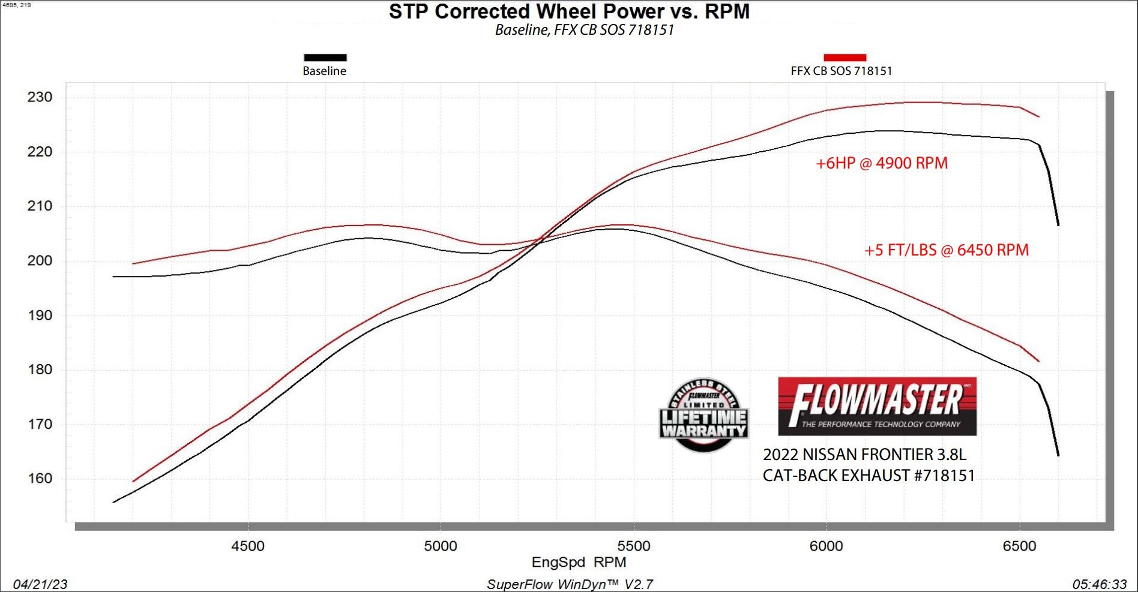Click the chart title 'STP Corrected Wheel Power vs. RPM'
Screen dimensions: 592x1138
coord(569,11)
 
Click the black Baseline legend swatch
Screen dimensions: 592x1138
coord(325,58)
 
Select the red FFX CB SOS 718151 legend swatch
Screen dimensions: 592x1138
coord(844,58)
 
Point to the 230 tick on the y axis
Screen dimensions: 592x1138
coord(40,97)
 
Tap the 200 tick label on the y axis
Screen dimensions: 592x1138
coord(40,260)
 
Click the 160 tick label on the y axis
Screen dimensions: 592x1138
coord(40,479)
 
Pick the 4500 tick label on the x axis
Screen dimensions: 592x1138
coord(248,546)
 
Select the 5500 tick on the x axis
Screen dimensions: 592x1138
coord(634,546)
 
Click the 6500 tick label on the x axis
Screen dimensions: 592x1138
coord(1020,546)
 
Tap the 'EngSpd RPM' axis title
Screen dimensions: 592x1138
coord(579,563)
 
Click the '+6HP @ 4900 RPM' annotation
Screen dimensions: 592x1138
coord(881,163)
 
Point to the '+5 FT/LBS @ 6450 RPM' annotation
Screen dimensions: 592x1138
coord(946,250)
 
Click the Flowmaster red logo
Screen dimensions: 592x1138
coord(877,406)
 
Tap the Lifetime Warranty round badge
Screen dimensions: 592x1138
coord(703,415)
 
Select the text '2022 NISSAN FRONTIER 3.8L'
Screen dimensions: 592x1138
coord(864,455)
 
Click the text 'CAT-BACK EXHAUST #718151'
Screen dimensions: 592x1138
coord(869,476)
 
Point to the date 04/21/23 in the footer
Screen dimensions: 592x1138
coord(40,584)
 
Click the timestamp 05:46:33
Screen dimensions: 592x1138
coord(1100,584)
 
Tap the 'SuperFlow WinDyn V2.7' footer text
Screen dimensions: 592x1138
coord(570,584)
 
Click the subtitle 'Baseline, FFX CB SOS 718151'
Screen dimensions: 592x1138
coord(584,30)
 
